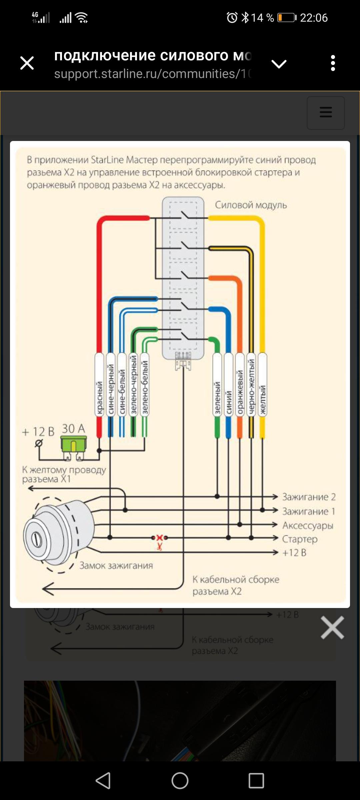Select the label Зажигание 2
309,497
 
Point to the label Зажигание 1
309,511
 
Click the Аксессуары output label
308,525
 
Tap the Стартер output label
300,539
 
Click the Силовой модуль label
251,205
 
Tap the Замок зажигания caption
116,566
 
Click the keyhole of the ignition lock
37,539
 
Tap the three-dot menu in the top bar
333,63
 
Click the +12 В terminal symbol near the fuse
39,443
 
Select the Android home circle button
180,781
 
